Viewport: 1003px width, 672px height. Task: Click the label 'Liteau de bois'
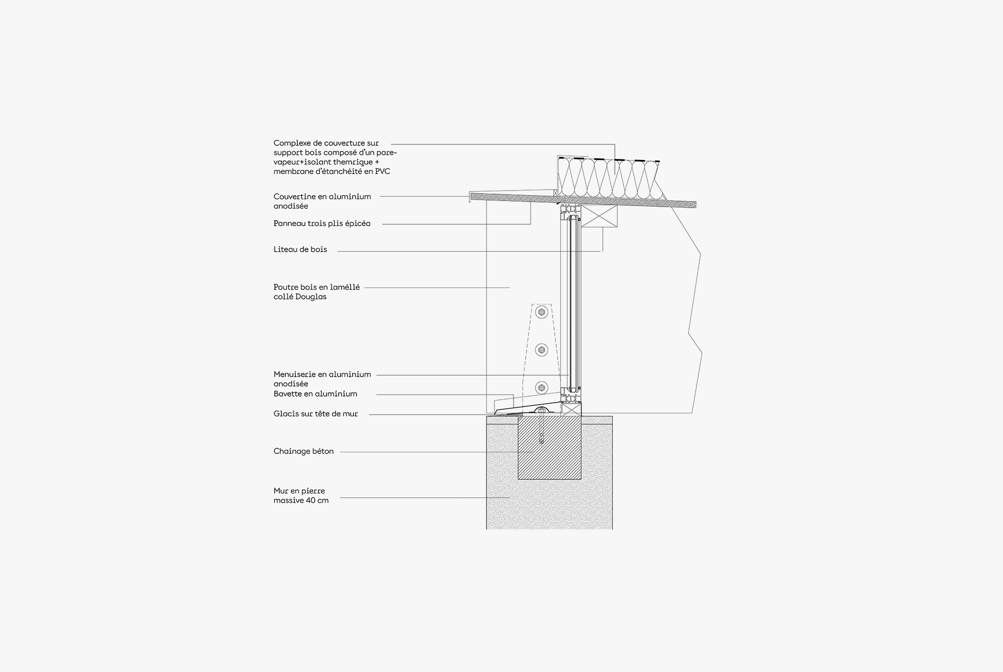point(300,249)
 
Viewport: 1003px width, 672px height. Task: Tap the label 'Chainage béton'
point(303,451)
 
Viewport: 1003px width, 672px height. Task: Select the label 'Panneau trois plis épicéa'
point(322,224)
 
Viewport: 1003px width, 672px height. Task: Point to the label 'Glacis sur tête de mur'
point(315,414)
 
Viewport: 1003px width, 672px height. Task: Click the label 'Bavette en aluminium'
point(315,394)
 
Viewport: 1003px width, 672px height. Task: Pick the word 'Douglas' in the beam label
point(312,297)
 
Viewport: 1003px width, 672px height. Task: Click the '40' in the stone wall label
point(308,500)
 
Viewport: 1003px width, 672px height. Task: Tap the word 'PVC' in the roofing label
point(382,172)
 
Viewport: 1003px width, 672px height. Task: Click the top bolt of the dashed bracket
point(541,312)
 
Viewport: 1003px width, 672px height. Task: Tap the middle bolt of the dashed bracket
point(541,350)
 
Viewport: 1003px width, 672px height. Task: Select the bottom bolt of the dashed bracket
point(541,387)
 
